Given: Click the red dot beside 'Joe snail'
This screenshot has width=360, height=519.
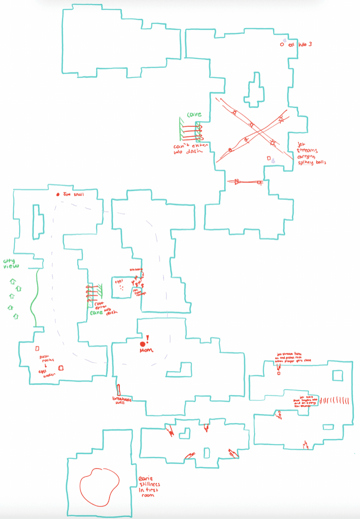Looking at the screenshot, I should [58, 195].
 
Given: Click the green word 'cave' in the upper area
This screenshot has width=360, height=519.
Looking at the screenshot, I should [193, 114].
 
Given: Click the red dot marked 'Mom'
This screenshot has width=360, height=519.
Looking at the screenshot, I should [142, 344].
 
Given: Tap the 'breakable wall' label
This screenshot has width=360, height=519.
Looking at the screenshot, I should [122, 401].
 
